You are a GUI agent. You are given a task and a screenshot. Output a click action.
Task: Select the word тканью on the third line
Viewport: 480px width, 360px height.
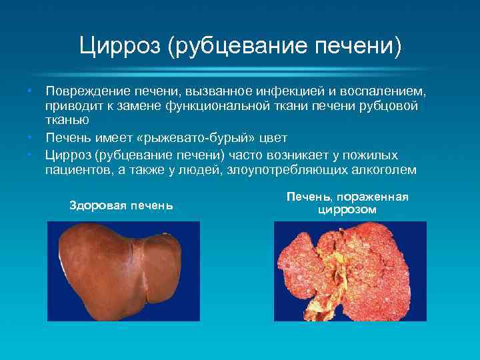[x=65, y=121]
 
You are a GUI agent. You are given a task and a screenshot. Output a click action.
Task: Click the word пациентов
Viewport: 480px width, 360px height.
[x=75, y=170]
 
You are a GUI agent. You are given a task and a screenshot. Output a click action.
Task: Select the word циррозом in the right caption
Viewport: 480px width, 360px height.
[x=347, y=209]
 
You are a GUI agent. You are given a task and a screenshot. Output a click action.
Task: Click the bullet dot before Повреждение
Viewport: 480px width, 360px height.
[x=31, y=90]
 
